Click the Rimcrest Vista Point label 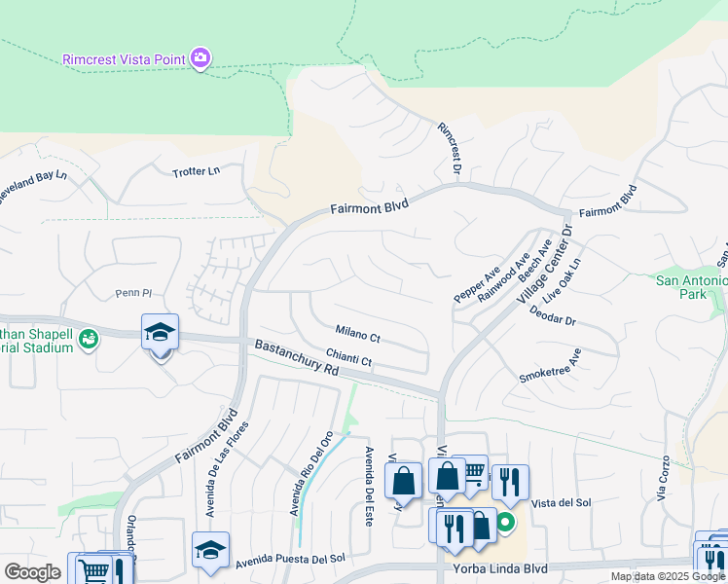coord(124,59)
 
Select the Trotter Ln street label coord(197,171)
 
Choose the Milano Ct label coord(357,335)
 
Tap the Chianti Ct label coord(348,358)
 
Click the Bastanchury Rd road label coord(296,357)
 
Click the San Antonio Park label coord(691,287)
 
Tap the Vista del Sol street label coord(563,502)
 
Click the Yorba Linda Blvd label coord(500,568)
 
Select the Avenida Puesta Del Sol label coord(290,559)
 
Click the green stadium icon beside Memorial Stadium coord(90,339)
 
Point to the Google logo coord(32,572)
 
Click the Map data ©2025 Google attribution coord(668,576)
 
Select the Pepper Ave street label coord(477,282)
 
